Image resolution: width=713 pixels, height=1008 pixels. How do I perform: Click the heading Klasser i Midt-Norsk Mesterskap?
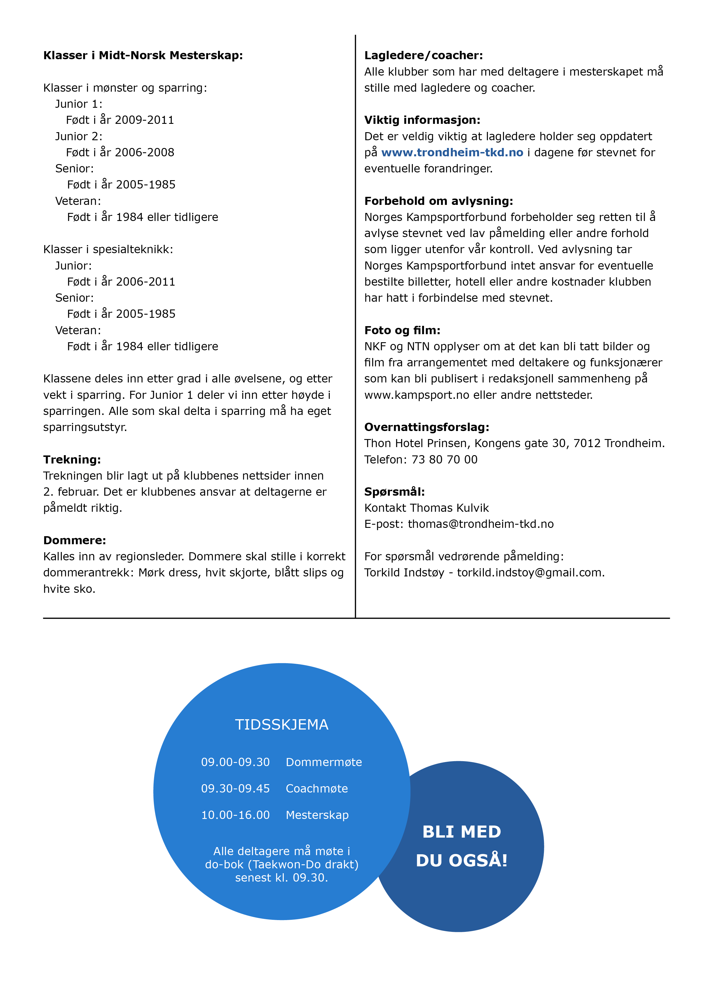[x=143, y=55]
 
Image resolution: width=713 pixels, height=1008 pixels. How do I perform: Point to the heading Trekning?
[x=72, y=460]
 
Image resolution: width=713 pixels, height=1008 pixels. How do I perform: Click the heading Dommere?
[x=75, y=540]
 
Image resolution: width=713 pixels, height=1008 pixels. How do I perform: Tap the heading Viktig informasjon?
[x=422, y=120]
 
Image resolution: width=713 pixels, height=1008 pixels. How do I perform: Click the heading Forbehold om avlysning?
[x=438, y=201]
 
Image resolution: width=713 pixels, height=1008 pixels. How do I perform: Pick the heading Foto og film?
[x=402, y=330]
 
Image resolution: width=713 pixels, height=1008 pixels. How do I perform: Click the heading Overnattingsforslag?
[x=427, y=427]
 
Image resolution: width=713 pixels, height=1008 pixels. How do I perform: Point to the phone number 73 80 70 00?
[x=444, y=460]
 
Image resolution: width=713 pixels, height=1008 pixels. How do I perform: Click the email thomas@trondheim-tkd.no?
[x=481, y=524]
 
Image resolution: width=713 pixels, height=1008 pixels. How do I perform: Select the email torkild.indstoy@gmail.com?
[x=530, y=572]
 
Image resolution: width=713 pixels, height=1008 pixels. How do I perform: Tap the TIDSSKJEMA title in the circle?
[x=281, y=724]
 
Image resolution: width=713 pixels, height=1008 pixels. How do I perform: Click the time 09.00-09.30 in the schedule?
[x=235, y=762]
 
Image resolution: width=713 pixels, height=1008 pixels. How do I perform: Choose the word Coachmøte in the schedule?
[x=317, y=788]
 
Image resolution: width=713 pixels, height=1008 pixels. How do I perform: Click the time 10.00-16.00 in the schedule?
[x=235, y=815]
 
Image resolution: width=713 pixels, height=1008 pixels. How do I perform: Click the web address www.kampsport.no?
[x=417, y=395]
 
